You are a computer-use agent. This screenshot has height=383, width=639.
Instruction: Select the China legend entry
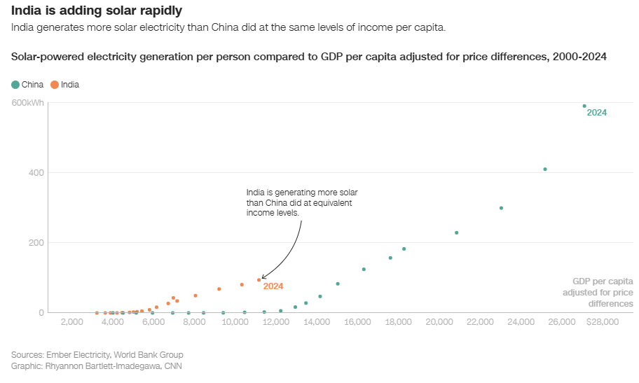[27, 85]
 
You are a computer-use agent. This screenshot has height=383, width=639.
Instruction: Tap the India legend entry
[64, 85]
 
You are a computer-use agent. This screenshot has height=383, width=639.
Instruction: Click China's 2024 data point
[584, 106]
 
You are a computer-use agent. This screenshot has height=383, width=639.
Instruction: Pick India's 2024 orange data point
[259, 280]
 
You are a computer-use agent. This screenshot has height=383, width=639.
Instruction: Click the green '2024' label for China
[596, 113]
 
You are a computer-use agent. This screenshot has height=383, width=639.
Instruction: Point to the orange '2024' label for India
[273, 286]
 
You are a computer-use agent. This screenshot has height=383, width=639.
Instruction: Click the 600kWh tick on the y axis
[27, 103]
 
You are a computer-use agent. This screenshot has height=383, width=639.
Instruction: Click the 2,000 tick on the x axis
[72, 322]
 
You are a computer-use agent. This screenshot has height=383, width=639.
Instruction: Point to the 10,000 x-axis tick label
[235, 322]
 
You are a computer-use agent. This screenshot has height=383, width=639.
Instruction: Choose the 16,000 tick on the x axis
[358, 322]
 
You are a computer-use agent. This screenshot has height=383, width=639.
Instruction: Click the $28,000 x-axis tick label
[602, 322]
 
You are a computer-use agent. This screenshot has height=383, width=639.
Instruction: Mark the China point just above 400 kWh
[544, 169]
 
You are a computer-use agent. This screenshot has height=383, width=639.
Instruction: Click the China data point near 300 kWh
[501, 208]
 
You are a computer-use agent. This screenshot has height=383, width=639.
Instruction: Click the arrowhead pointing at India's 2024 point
[263, 278]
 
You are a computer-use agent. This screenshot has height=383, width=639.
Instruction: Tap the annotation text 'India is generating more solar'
[302, 193]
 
